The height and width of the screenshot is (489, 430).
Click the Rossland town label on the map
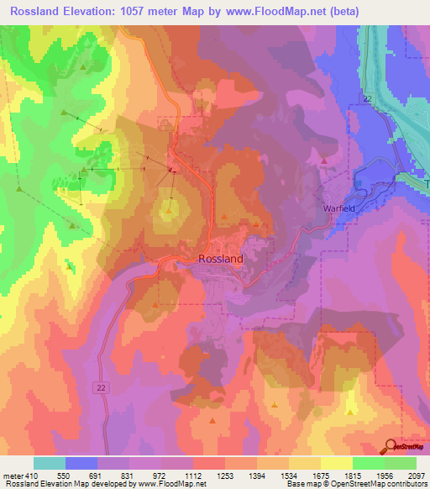[x=221, y=259]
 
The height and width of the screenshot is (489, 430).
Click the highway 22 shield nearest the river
[x=367, y=99]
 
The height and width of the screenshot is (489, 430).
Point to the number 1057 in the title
[x=172, y=11]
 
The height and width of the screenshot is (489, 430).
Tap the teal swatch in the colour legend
[x=50, y=463]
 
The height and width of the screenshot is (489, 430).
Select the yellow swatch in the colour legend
[x=336, y=463]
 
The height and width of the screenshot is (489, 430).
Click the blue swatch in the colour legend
[x=81, y=463]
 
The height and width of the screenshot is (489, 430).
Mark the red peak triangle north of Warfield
[x=324, y=160]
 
